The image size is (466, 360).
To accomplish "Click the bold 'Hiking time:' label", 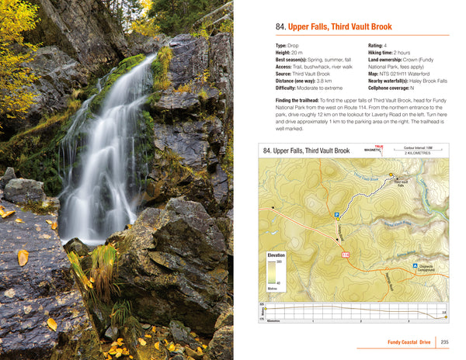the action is [x=381, y=53].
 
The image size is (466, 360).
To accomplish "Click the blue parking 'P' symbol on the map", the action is [x=337, y=215].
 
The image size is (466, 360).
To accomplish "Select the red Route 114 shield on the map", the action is [x=345, y=255].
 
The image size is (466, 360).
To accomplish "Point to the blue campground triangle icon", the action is [x=415, y=266].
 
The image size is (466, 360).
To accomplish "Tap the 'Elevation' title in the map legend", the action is [x=276, y=255].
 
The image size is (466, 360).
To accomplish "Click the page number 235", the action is [x=444, y=342].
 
